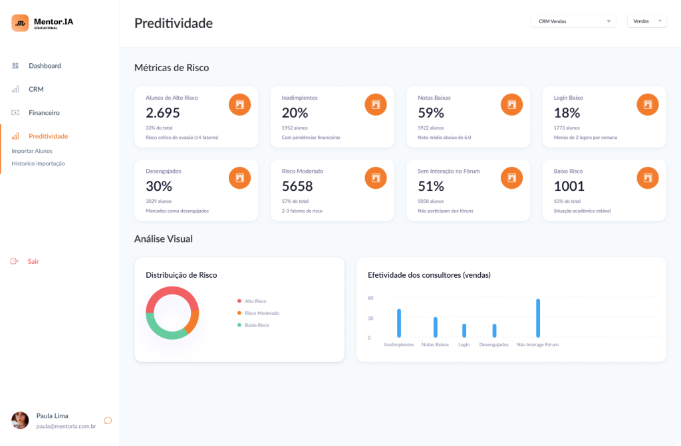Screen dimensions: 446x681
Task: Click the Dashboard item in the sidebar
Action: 44,66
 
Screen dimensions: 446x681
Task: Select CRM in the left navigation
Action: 36,89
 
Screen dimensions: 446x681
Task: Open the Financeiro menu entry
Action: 43,113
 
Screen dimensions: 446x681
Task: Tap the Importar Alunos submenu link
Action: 32,151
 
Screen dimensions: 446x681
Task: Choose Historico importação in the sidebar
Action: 38,164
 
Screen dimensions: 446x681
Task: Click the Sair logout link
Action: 33,261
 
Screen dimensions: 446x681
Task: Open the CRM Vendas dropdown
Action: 573,21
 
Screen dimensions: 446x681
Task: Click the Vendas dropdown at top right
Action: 646,21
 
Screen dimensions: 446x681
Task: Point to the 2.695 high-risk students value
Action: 163,113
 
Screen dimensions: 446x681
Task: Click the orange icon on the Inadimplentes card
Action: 376,104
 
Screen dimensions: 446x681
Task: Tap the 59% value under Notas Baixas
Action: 431,113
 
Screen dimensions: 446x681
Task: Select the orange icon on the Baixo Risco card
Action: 648,177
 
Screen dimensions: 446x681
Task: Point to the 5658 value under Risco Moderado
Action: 297,186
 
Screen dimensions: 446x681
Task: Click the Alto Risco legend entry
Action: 255,301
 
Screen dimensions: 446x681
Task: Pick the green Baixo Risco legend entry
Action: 257,325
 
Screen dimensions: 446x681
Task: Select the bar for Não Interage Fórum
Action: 538,318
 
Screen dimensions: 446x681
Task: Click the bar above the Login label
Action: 464,330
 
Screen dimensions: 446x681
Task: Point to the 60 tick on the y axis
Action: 370,298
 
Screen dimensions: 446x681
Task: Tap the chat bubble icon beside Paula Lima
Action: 108,420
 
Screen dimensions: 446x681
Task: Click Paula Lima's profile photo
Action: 21,420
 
